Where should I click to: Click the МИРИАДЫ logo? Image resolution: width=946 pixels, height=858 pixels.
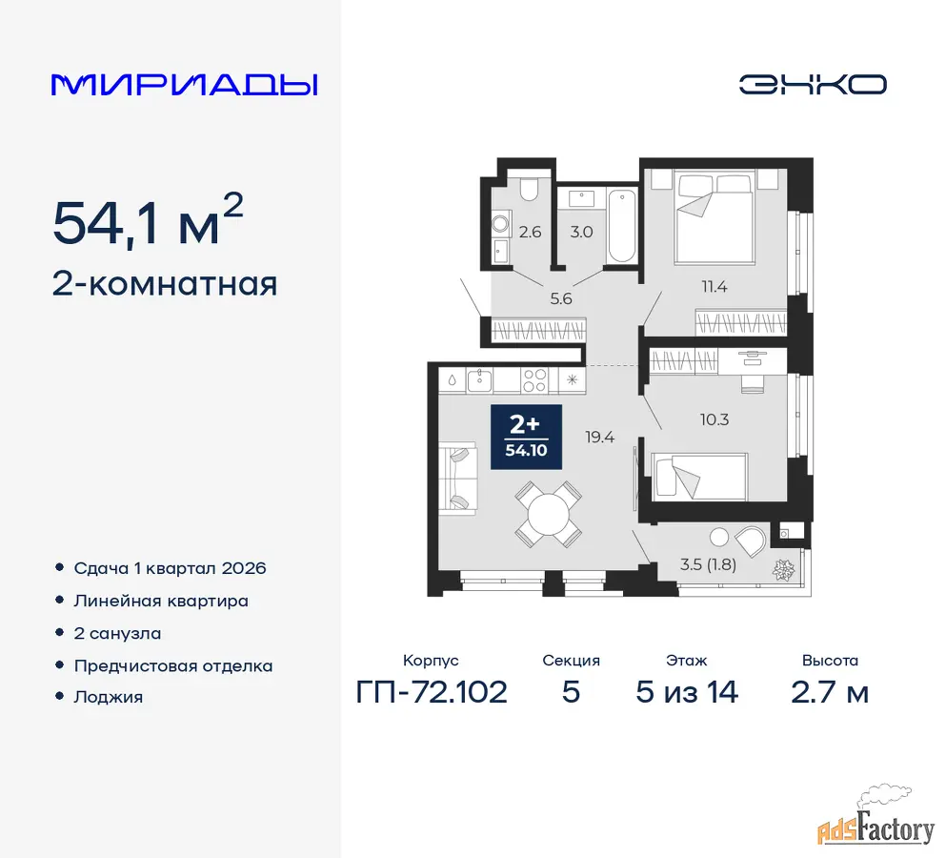(x=184, y=85)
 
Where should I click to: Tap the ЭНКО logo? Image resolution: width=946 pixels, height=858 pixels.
(x=813, y=84)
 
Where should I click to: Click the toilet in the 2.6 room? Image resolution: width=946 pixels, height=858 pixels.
(x=529, y=190)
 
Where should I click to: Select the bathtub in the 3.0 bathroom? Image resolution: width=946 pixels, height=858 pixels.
(x=621, y=227)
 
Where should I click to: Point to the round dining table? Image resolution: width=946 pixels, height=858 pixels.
(x=549, y=515)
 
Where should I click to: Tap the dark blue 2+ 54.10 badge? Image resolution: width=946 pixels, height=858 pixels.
(x=526, y=438)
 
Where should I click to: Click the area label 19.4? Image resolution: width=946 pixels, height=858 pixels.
(x=599, y=437)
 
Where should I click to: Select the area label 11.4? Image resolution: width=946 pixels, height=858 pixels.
(x=714, y=287)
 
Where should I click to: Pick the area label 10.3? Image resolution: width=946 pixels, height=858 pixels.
(x=715, y=419)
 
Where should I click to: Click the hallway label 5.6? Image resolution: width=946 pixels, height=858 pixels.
(x=561, y=298)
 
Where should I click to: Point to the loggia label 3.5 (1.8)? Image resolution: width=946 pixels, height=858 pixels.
(x=708, y=564)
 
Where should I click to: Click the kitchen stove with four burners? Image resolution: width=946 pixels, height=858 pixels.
(x=534, y=381)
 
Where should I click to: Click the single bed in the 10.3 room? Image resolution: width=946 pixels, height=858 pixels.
(x=699, y=477)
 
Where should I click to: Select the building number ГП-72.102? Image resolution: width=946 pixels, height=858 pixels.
(x=432, y=692)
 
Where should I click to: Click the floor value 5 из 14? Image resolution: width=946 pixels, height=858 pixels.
(x=687, y=692)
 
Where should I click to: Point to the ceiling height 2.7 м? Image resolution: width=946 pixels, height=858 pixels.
(x=830, y=692)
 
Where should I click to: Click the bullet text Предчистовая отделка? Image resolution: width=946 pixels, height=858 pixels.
(x=173, y=666)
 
